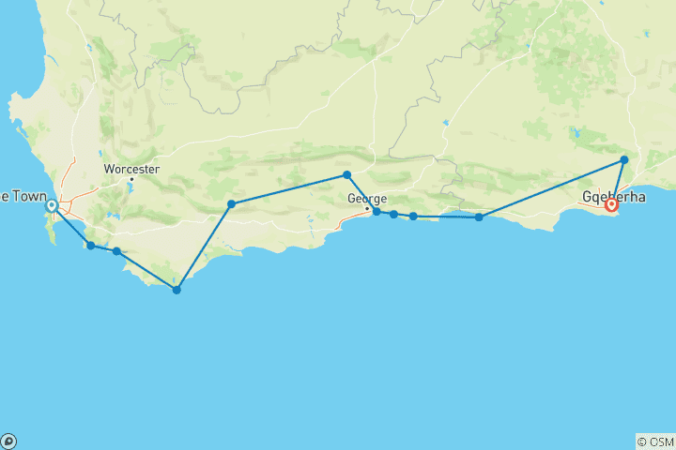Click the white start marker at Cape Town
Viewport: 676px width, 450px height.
tap(53, 206)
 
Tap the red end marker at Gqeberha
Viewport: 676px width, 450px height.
tap(611, 204)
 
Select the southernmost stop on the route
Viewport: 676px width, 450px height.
tap(177, 290)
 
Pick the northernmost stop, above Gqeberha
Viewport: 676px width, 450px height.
tap(624, 160)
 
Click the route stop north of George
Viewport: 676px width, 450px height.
tap(346, 174)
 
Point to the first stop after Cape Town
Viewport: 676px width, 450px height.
tap(90, 246)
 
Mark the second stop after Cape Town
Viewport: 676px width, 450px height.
tap(116, 251)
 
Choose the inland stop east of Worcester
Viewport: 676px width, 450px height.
tap(231, 203)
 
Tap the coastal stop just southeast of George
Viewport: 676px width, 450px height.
tap(376, 212)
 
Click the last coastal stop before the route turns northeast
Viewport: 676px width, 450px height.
tap(479, 217)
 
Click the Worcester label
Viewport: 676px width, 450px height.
tap(131, 170)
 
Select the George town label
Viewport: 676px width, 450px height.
tap(366, 199)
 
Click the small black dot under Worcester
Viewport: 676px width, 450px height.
tap(131, 179)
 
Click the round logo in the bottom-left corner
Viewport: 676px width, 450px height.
tap(8, 442)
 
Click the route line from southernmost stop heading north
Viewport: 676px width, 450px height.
tap(204, 247)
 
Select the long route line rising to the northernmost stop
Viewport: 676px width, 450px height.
tap(552, 188)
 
